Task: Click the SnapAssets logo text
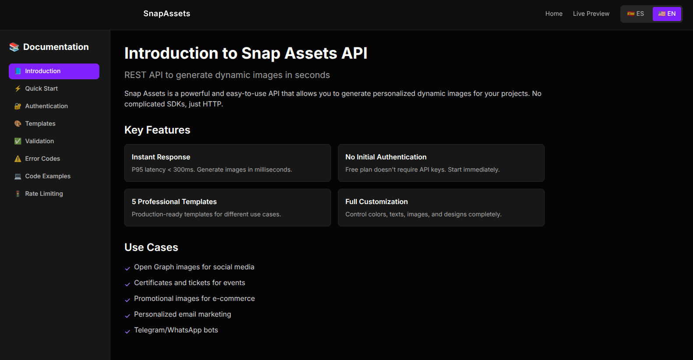click(x=166, y=14)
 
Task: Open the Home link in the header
click(x=553, y=14)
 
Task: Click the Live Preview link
click(x=591, y=14)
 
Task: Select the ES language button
click(x=636, y=14)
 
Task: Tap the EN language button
click(x=667, y=14)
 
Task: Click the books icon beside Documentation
click(x=14, y=47)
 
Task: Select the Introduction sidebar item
click(x=54, y=71)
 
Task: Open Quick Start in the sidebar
click(x=41, y=88)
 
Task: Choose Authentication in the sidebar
click(x=46, y=106)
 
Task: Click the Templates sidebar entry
click(x=40, y=124)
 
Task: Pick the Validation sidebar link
click(x=39, y=141)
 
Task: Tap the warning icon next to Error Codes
click(x=18, y=159)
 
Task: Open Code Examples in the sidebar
click(x=48, y=176)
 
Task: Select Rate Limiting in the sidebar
click(x=44, y=194)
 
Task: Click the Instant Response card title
click(x=161, y=157)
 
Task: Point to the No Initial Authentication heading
click(x=386, y=157)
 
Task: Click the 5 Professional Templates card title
click(x=174, y=201)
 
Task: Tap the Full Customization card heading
click(x=376, y=201)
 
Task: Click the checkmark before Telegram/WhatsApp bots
click(x=127, y=332)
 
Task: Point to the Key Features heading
click(x=157, y=130)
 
